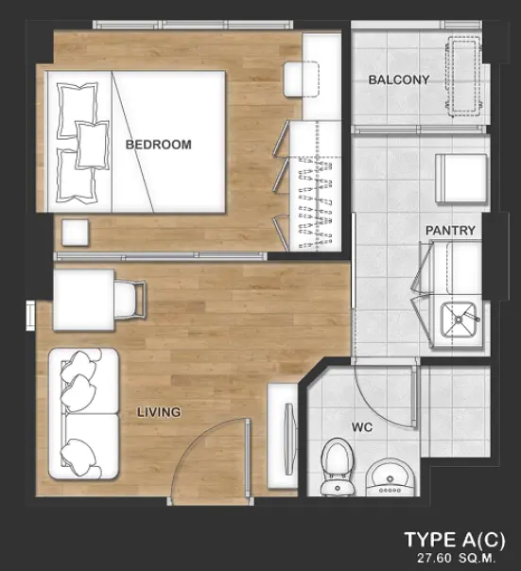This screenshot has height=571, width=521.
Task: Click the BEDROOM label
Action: [159, 145]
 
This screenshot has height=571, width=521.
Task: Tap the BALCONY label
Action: [399, 79]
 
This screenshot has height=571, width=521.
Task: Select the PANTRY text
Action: [450, 230]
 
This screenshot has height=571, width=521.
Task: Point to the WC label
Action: [362, 427]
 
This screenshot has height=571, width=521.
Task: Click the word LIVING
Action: [159, 412]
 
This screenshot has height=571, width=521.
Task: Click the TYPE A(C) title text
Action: [455, 540]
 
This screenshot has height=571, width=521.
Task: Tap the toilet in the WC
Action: [337, 467]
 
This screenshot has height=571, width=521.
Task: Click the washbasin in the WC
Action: [390, 478]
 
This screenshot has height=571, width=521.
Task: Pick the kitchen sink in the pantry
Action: [459, 320]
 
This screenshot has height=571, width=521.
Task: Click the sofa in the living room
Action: [84, 414]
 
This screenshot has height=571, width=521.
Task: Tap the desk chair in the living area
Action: [130, 300]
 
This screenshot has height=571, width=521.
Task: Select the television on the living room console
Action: [289, 439]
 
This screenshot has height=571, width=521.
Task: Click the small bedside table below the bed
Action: [76, 233]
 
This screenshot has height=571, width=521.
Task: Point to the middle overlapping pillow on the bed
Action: [93, 145]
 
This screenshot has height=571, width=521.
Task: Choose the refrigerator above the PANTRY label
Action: [461, 178]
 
